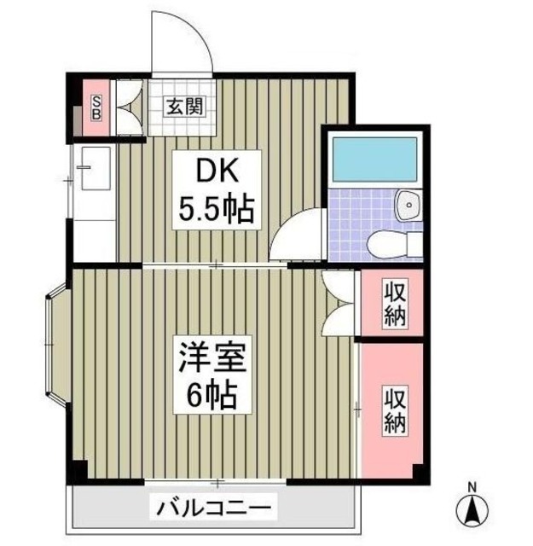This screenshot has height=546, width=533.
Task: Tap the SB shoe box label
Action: (x=96, y=107)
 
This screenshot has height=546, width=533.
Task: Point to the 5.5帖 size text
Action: (x=216, y=209)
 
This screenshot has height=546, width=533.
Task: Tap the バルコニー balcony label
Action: (x=215, y=509)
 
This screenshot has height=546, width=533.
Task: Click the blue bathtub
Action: (x=374, y=159)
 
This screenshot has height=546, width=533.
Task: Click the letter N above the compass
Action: (x=471, y=489)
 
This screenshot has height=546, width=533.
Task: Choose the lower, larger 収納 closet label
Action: (x=394, y=409)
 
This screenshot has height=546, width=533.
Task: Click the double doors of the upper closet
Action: (x=337, y=303)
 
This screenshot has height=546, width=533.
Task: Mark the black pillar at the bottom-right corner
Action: (x=417, y=470)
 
